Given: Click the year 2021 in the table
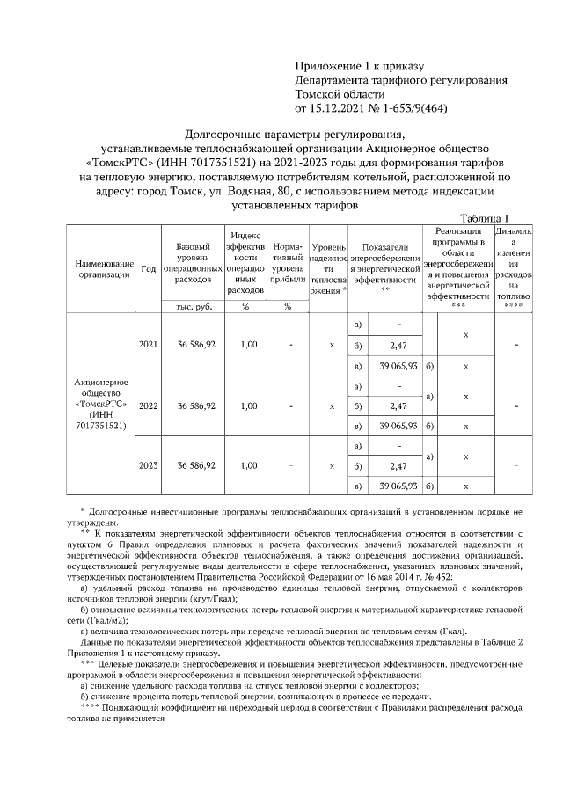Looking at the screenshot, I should point(149,344).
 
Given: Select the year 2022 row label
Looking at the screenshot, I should point(149,406).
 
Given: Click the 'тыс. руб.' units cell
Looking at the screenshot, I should point(192,306).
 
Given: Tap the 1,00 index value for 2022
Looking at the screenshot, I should point(247,406).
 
